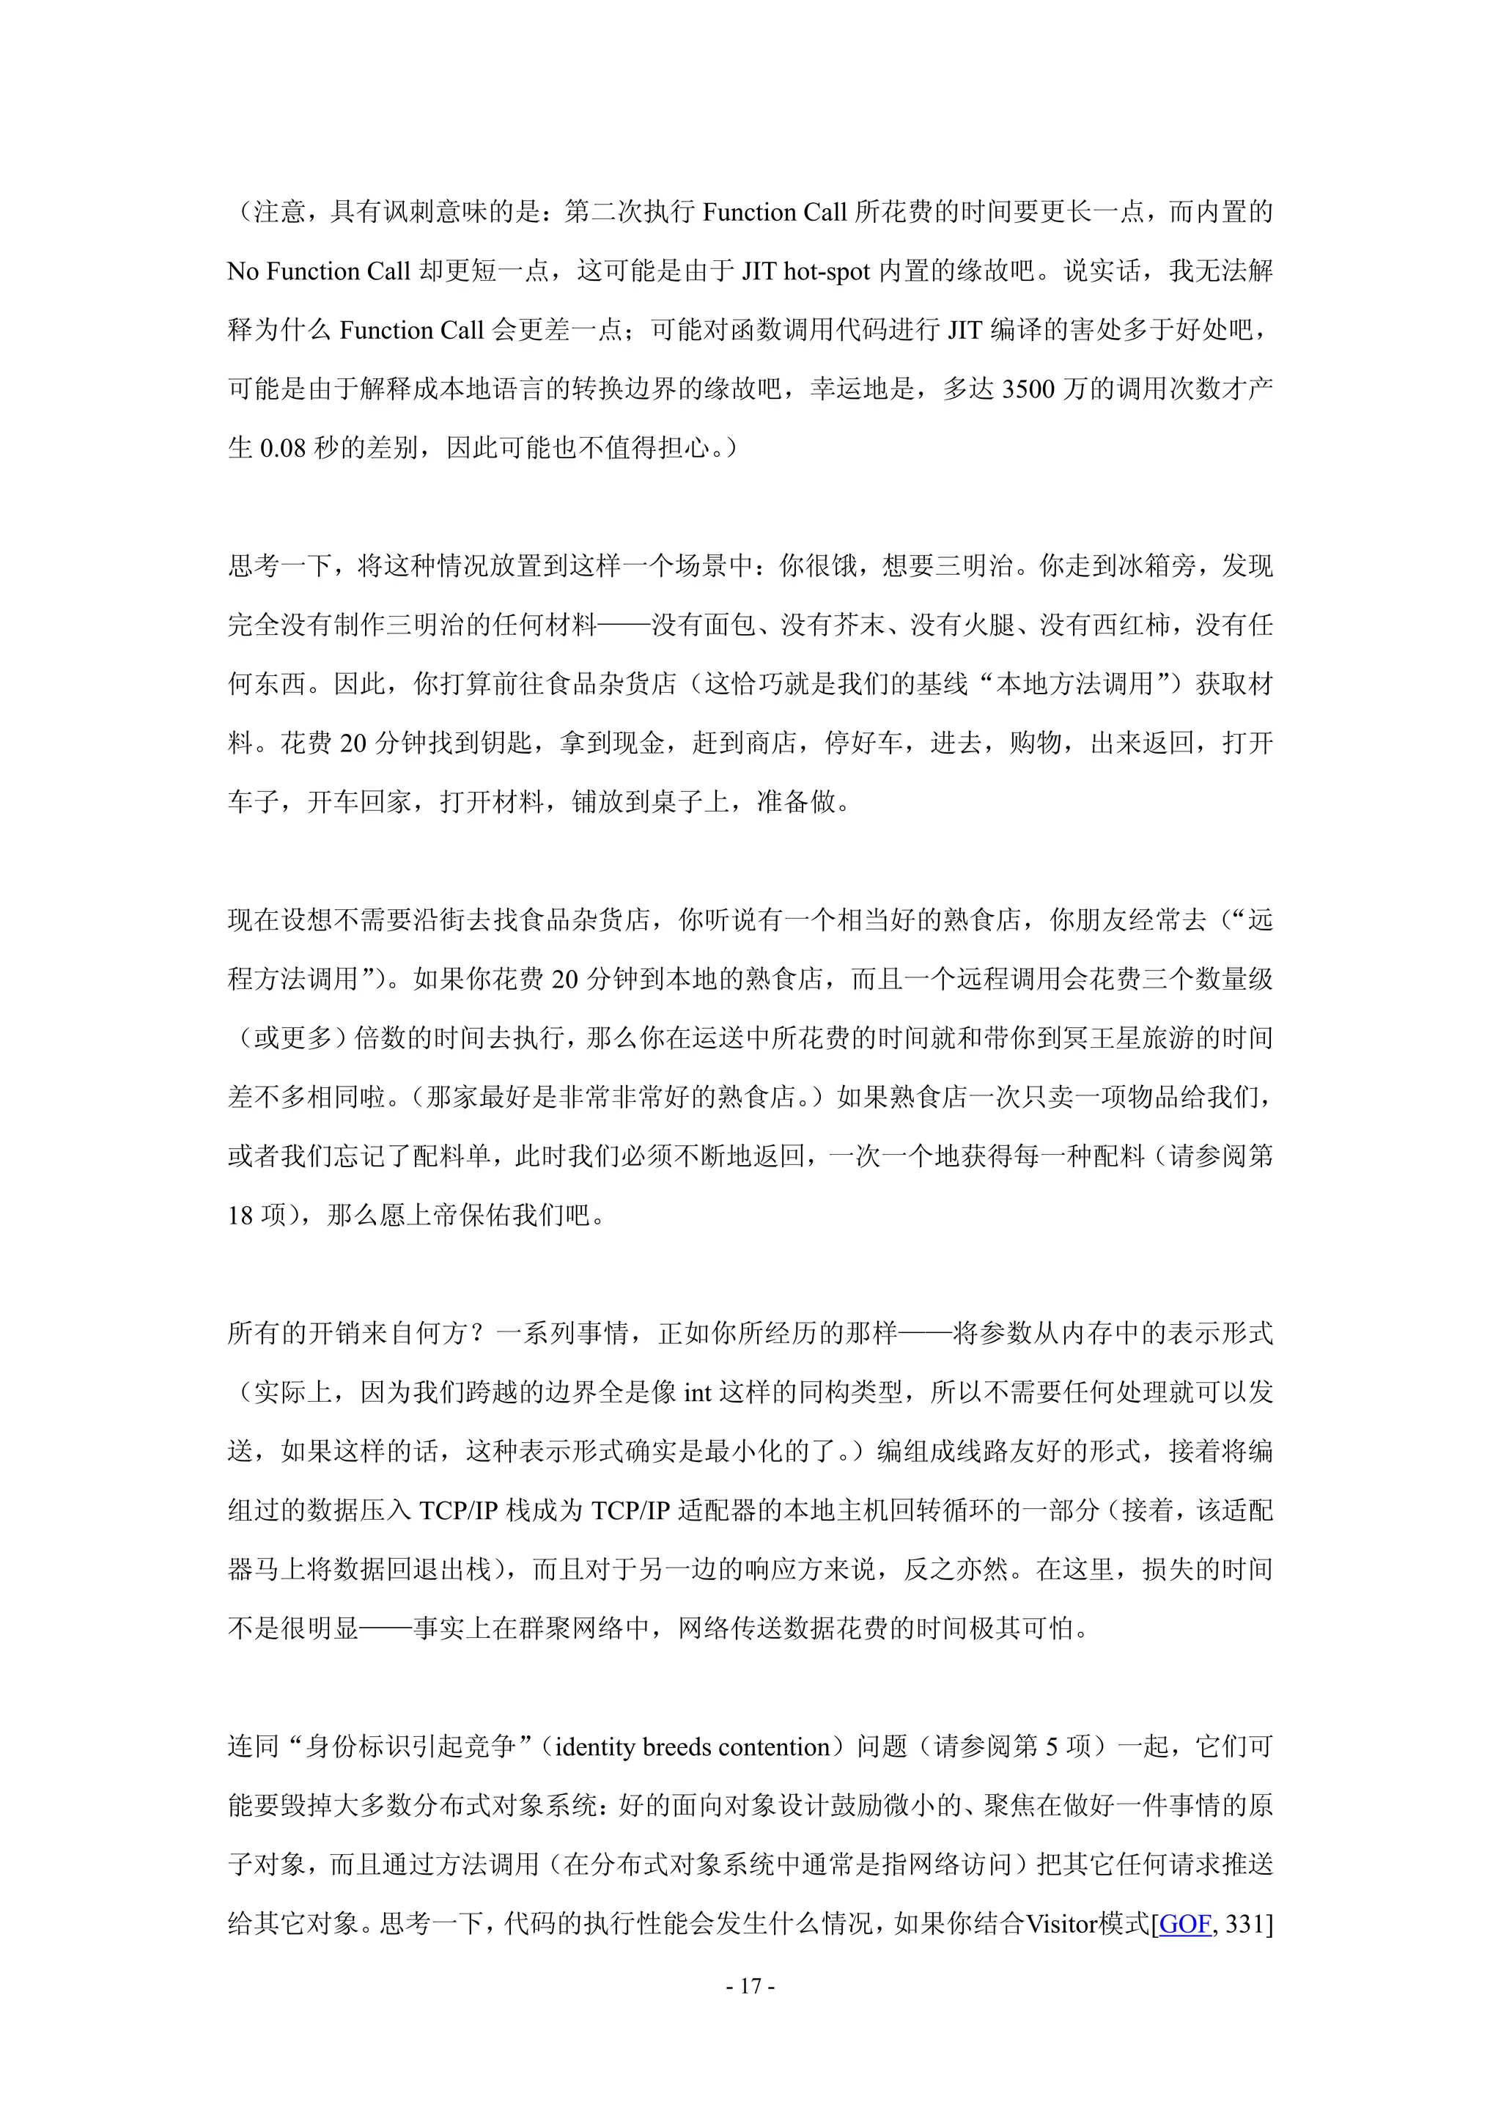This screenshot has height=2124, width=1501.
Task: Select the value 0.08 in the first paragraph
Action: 282,448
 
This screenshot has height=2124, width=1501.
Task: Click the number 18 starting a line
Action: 240,1215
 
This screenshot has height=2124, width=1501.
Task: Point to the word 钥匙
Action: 508,743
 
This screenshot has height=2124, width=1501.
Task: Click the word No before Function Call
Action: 243,271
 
